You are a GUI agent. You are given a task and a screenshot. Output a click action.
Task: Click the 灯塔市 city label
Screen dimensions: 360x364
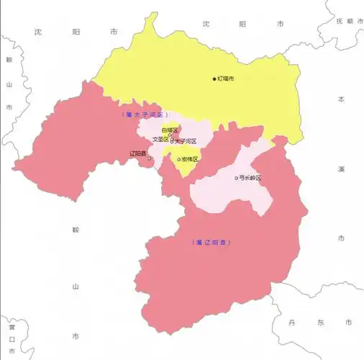pyautogui.click(x=227, y=78)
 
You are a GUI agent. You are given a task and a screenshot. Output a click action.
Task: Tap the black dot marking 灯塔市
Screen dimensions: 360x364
pyautogui.click(x=214, y=78)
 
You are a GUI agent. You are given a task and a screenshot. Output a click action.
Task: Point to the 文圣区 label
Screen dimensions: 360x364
pyautogui.click(x=160, y=140)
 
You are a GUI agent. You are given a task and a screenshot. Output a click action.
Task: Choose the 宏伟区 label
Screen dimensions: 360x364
pyautogui.click(x=191, y=159)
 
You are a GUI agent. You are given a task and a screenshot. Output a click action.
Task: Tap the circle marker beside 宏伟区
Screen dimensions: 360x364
pyautogui.click(x=179, y=159)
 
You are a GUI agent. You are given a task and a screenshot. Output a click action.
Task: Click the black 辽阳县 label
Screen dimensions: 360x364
pyautogui.click(x=138, y=153)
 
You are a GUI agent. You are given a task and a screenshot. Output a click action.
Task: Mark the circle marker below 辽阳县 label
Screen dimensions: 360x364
pyautogui.click(x=150, y=160)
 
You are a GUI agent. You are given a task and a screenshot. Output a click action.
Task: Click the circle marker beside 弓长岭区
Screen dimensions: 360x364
pyautogui.click(x=237, y=178)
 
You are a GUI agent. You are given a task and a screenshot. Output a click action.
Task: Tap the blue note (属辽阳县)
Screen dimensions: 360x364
pyautogui.click(x=213, y=242)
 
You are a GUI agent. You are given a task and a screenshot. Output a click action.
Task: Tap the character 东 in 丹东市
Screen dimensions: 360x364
pyautogui.click(x=319, y=322)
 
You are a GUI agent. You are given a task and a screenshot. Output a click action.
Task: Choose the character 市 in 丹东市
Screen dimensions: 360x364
pyautogui.click(x=347, y=322)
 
